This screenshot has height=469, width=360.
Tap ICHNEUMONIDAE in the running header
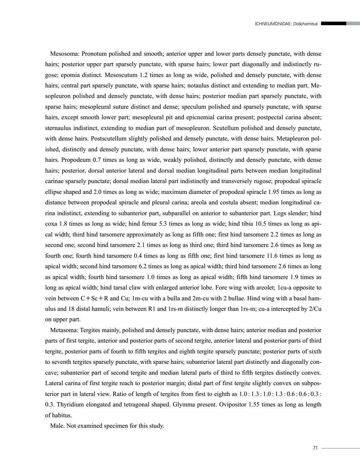(x=273, y=24)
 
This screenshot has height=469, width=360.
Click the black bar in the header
(x=333, y=24)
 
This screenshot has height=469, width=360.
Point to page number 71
(x=315, y=448)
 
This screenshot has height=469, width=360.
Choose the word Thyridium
(x=67, y=404)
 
